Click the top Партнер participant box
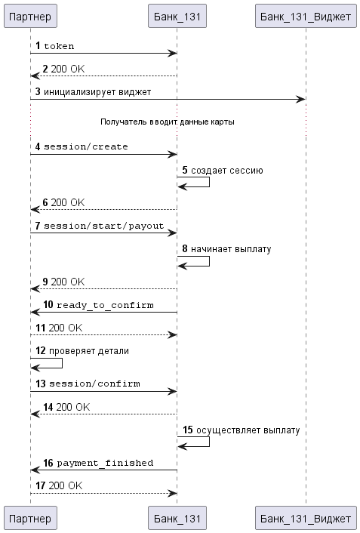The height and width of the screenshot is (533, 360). pos(30,16)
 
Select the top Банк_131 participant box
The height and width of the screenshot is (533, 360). pos(177,16)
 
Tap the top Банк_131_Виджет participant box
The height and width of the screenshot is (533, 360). pos(306,16)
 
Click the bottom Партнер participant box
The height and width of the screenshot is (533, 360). pos(30,518)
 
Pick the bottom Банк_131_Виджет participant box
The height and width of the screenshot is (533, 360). pos(306,518)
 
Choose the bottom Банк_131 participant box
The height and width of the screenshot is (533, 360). pos(177,518)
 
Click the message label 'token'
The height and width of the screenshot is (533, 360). pos(59,46)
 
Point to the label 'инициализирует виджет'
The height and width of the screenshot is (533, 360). pos(97,92)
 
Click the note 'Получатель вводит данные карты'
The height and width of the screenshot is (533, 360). pos(168,122)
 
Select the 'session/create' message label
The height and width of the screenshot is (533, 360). pos(86,146)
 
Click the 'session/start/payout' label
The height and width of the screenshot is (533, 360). pos(103,226)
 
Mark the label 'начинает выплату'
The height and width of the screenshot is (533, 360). pos(231,249)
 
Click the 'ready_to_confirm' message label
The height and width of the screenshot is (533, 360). pos(105,305)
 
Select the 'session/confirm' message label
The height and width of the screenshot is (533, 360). pos(94,384)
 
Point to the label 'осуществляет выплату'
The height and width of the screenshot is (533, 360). pos(248,430)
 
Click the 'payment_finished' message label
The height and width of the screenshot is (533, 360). pos(105,463)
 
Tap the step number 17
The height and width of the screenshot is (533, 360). pos(41,485)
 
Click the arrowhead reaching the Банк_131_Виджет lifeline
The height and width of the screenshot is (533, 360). pos(301,99)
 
